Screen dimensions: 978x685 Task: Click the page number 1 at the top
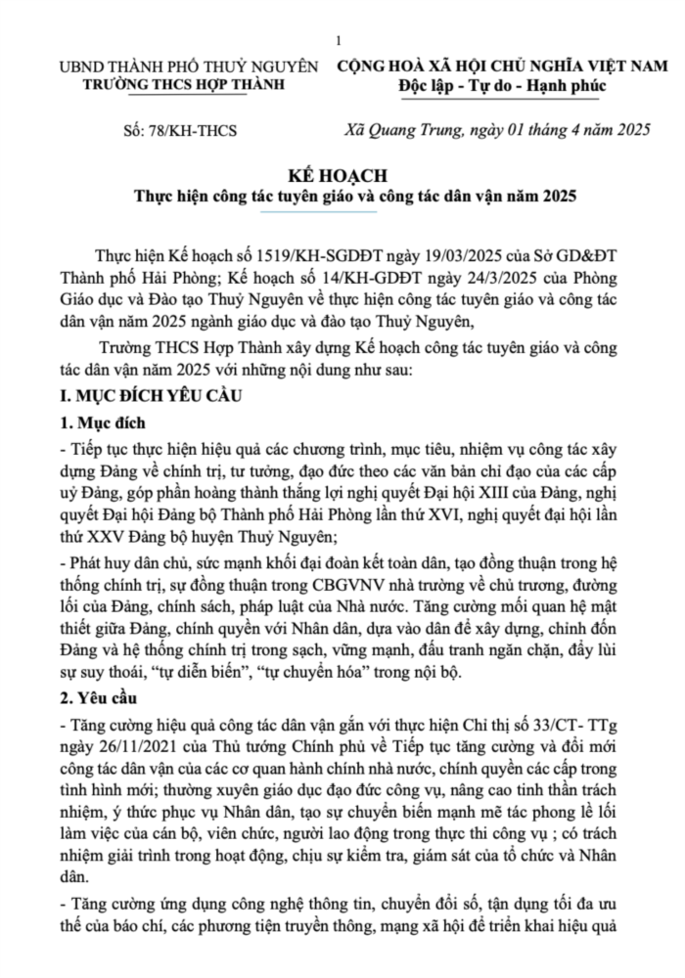pyautogui.click(x=338, y=40)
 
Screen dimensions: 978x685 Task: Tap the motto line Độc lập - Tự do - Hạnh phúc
pyautogui.click(x=502, y=86)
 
